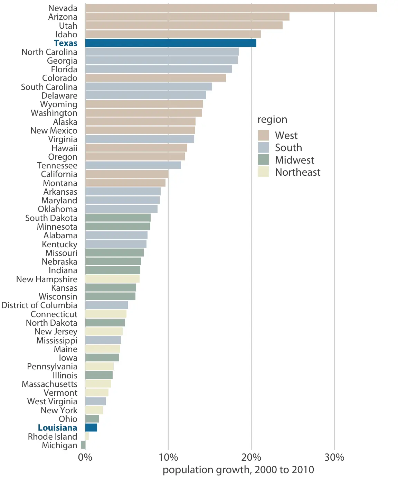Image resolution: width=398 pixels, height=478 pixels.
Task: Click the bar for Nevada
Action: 231,8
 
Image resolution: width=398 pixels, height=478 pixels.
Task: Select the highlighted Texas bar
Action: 171,43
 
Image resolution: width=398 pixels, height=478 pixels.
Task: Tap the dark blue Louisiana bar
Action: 91,428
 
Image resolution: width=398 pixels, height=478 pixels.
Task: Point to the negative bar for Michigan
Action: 83,445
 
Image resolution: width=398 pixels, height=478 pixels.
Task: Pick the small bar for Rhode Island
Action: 87,436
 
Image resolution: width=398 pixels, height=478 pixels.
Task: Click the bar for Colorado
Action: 155,78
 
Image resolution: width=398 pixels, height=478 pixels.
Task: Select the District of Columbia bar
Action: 106,305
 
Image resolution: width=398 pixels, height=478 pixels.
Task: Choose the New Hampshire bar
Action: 112,279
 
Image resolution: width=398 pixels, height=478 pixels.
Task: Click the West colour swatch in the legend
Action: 263,135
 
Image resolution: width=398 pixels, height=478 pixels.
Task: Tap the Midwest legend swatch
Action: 263,160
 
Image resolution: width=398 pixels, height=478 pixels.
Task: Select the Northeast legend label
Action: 297,172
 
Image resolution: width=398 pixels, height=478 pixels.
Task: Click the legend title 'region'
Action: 272,119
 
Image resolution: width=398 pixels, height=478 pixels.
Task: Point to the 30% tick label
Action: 334,457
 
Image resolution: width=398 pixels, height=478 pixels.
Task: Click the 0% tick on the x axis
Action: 85,457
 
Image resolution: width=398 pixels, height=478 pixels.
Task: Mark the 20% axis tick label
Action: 251,457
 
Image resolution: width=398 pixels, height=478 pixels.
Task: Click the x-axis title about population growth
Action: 238,470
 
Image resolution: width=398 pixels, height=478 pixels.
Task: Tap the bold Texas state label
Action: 66,43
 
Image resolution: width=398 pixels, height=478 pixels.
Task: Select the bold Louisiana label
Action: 57,428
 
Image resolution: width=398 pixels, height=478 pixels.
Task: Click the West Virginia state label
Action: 52,402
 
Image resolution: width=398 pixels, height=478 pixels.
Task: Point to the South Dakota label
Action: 51,218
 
